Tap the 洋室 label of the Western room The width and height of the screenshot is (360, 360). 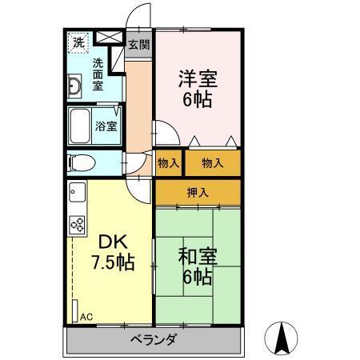point(198,80)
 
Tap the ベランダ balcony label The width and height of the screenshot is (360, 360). point(153,339)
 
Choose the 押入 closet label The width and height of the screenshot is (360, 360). point(197,192)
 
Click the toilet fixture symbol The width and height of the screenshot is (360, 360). point(81,162)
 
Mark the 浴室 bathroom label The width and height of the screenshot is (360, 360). point(107,126)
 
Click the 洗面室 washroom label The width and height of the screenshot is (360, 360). point(98,74)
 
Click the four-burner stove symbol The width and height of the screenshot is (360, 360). point(78,225)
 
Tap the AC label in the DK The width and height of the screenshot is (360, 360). point(86,317)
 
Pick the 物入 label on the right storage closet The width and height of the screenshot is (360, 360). point(212,163)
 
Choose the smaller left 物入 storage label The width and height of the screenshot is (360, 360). point(169,163)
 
